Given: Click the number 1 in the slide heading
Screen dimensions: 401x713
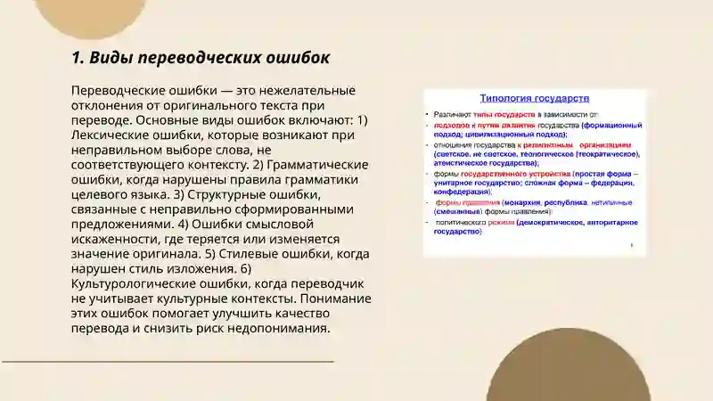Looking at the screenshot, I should [x=76, y=58].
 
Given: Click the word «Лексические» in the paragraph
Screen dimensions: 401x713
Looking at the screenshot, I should [x=115, y=135].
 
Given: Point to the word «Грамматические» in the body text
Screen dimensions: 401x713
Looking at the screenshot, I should [x=320, y=165].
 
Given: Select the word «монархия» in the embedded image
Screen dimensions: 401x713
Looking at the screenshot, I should [x=525, y=201].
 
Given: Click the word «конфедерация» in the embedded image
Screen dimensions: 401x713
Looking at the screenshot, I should [x=461, y=192].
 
